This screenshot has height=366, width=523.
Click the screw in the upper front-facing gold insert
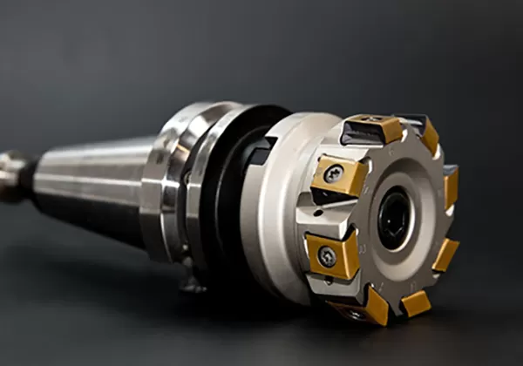(x=333, y=174)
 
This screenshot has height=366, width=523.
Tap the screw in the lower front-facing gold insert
(x=326, y=256)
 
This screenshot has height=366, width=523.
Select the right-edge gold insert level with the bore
(x=452, y=188)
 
